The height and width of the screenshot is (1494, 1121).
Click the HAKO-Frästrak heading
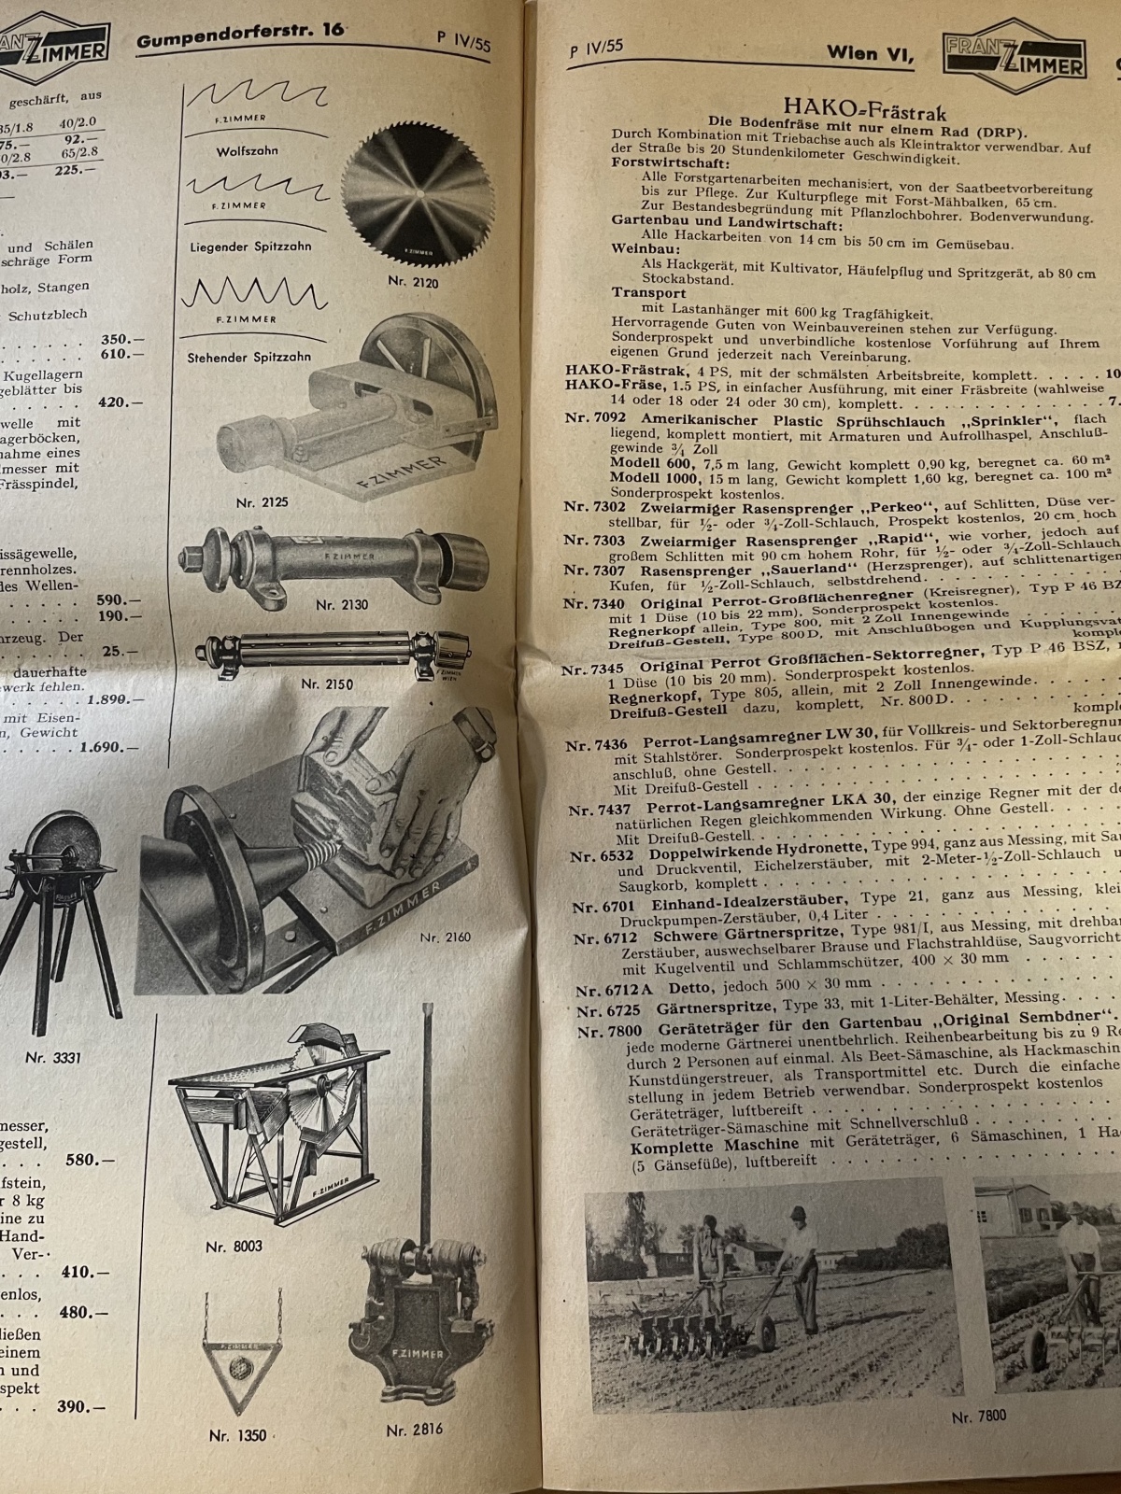854,106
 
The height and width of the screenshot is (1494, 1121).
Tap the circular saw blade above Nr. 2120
415,198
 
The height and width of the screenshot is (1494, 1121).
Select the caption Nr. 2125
263,502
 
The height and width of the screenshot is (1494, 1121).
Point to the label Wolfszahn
247,150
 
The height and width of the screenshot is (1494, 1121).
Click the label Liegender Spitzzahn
251,247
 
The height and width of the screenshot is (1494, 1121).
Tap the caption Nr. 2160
446,937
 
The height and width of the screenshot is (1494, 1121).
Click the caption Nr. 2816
414,1429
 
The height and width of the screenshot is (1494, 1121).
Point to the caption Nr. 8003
234,1246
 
